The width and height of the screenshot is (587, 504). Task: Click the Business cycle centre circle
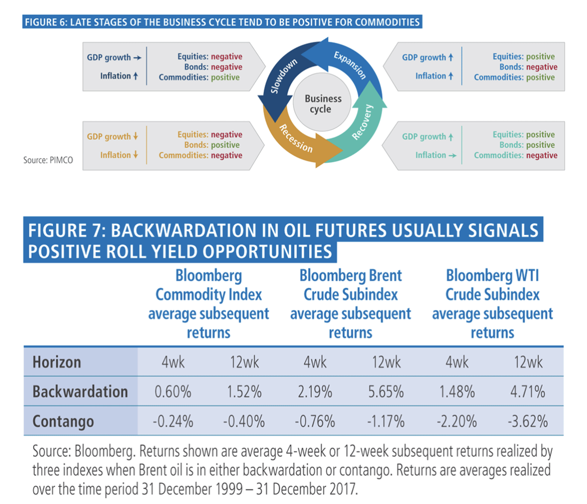323,104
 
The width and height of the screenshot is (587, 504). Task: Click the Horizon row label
57,362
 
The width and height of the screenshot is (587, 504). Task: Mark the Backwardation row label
80,391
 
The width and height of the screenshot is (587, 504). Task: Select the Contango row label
63,421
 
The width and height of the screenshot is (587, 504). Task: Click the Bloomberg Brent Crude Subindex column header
350,304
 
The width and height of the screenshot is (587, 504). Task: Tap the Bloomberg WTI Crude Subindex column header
492,304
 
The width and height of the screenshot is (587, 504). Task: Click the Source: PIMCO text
45,160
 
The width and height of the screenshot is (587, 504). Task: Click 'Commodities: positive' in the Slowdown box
200,77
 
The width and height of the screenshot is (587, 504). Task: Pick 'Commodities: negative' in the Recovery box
515,155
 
